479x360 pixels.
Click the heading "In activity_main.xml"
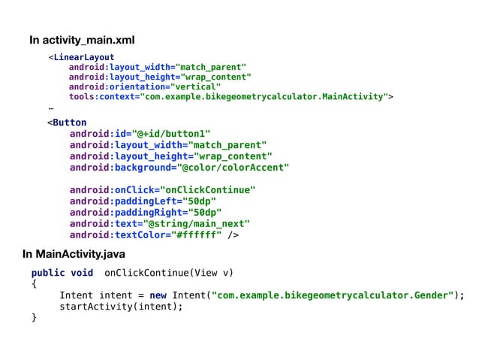pos(82,40)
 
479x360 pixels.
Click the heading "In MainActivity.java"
pos(74,255)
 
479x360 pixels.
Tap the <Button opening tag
pos(67,123)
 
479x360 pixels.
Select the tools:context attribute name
pos(103,96)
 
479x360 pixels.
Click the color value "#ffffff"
pos(197,235)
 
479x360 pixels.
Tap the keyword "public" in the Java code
pos(48,273)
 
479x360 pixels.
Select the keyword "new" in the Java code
pos(158,295)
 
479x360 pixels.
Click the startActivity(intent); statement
pos(121,307)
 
